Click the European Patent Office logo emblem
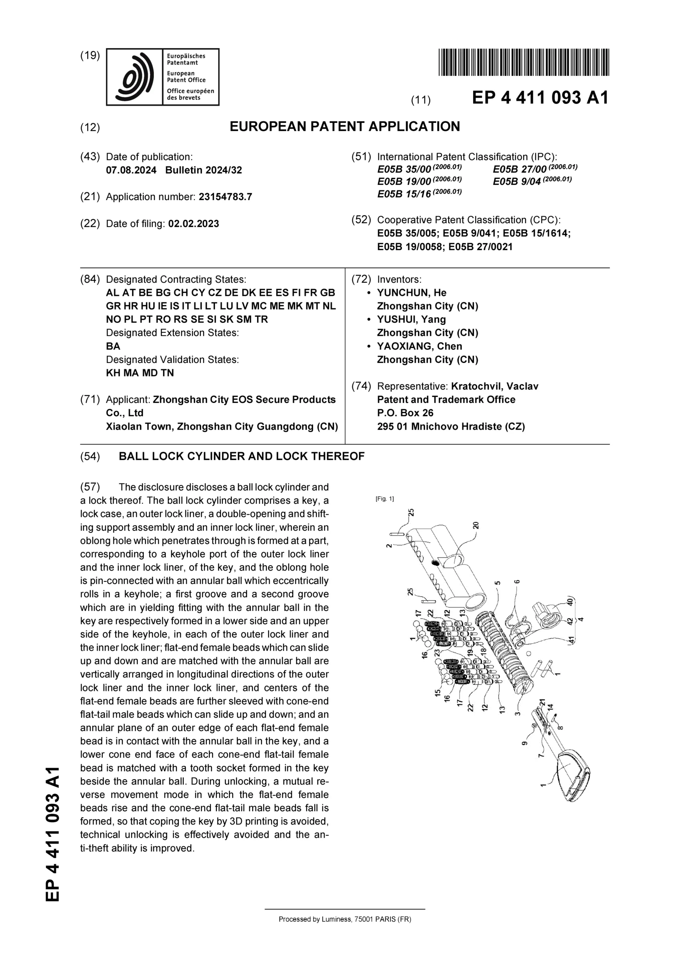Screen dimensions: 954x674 [134, 77]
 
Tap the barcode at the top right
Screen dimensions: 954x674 [523, 62]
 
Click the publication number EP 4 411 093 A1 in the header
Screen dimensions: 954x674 [540, 98]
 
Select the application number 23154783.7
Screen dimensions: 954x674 [225, 197]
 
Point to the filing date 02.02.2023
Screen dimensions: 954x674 [193, 224]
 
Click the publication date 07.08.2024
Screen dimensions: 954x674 [131, 170]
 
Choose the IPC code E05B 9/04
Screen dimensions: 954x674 [516, 181]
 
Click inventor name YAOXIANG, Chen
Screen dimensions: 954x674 [419, 347]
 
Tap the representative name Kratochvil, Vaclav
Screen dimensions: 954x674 [494, 386]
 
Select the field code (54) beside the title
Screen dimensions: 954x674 [90, 457]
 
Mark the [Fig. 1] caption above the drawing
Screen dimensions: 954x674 [385, 499]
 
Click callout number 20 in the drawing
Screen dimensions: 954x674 [476, 525]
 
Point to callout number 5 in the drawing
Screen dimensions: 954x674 [498, 583]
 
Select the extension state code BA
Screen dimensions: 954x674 [113, 347]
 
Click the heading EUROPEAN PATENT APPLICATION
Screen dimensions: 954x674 [345, 127]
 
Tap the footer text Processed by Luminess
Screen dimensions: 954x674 [345, 919]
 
